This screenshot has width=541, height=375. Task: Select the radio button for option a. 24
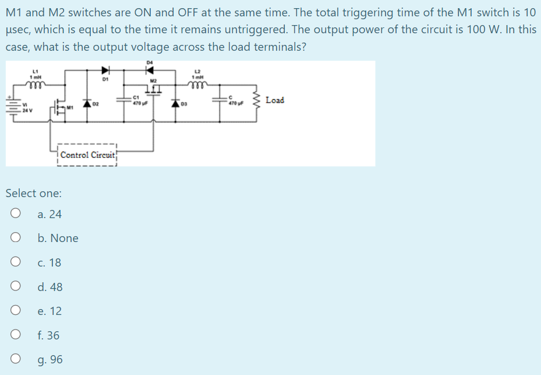(x=16, y=214)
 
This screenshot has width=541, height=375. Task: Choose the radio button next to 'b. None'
(x=16, y=238)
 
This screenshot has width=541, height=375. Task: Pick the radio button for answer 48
(x=16, y=286)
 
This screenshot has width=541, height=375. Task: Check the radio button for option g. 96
(x=16, y=359)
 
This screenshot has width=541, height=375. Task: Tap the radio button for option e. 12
(x=16, y=311)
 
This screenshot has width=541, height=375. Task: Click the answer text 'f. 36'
(x=48, y=335)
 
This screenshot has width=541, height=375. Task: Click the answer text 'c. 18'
(x=49, y=262)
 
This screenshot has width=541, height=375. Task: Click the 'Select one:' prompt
(x=33, y=193)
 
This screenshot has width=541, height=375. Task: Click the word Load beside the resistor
(x=274, y=100)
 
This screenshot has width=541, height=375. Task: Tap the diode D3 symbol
(x=176, y=104)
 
